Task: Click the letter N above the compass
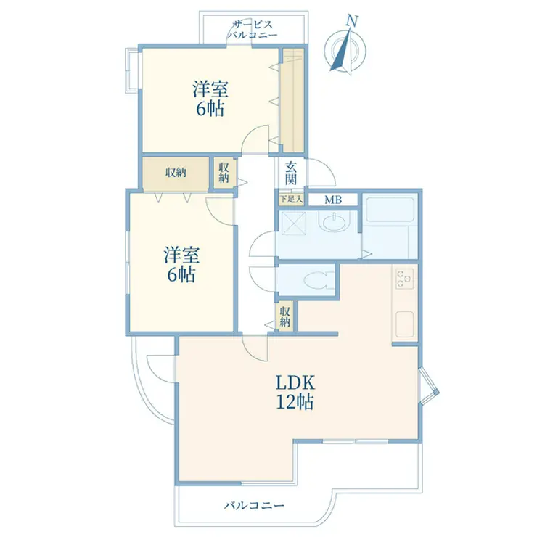[352, 21]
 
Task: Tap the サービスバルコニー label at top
[253, 30]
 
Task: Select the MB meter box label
[333, 200]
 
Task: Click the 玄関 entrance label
[291, 173]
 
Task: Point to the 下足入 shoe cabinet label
[291, 199]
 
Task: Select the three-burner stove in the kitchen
[404, 279]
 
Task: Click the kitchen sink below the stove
[404, 324]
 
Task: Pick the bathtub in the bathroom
[390, 209]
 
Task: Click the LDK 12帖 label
[295, 392]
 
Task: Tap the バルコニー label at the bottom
[254, 506]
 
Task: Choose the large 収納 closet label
[176, 173]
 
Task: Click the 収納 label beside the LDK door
[285, 316]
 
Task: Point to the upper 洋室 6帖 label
[210, 99]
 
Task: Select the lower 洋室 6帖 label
[181, 264]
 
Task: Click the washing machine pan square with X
[293, 224]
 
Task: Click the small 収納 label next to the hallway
[224, 173]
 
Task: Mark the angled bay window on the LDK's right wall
[429, 386]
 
